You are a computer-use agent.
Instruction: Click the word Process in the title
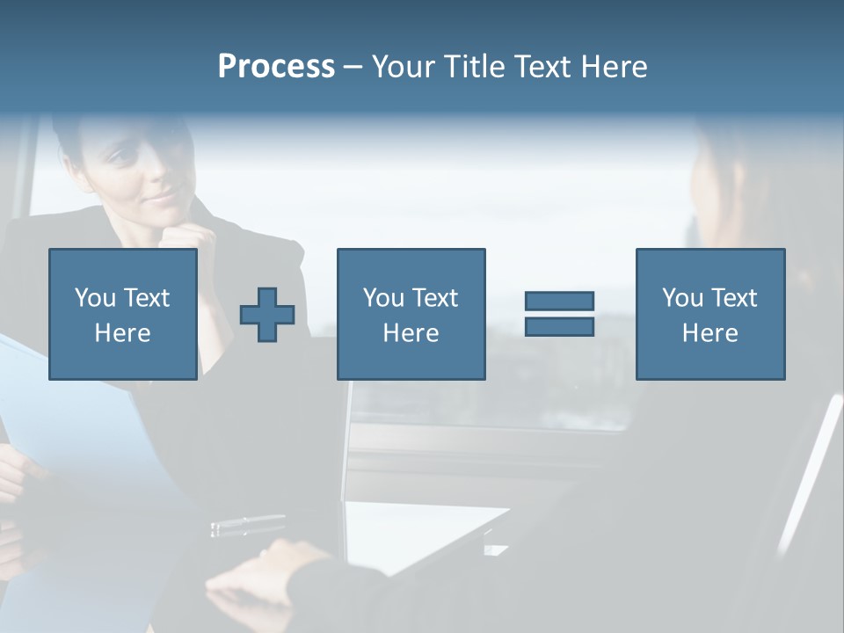point(276,67)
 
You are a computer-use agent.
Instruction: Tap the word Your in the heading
point(404,67)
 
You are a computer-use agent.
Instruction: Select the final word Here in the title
point(615,67)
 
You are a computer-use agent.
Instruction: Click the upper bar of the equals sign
point(559,301)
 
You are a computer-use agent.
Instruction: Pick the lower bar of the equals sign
point(559,327)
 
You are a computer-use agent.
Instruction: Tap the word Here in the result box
point(709,332)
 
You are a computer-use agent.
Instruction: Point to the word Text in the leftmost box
point(146,298)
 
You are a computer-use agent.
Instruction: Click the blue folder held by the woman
point(79,422)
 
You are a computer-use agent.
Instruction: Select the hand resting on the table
point(264,571)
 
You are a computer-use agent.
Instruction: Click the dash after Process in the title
point(353,67)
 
